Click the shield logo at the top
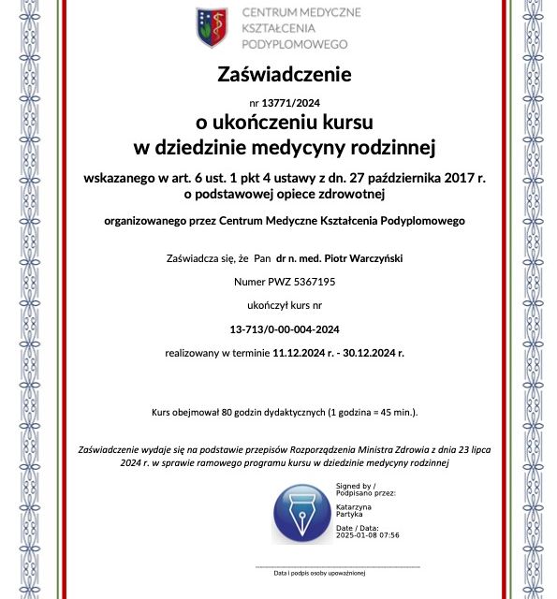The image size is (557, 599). click(x=212, y=27)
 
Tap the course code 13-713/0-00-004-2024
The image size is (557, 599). click(x=284, y=329)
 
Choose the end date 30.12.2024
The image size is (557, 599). click(x=374, y=353)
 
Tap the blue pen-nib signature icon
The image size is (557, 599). click(x=300, y=512)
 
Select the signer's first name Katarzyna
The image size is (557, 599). click(x=354, y=504)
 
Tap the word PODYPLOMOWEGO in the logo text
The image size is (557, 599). click(x=295, y=44)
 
